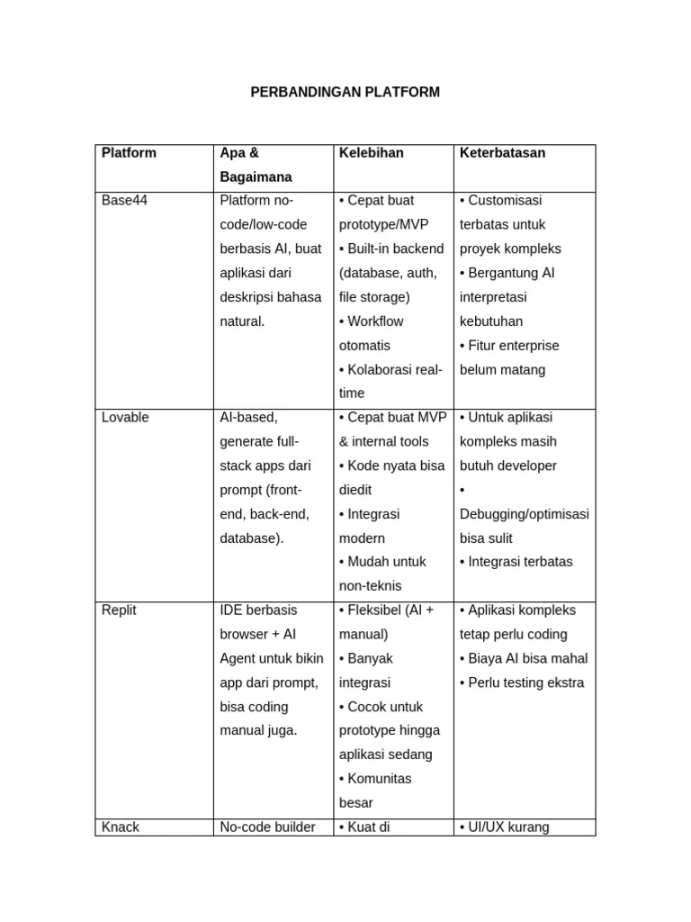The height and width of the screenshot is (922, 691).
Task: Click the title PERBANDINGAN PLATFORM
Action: [345, 92]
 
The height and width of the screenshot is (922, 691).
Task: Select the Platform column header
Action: [129, 153]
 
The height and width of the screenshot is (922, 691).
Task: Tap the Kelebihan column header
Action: [371, 153]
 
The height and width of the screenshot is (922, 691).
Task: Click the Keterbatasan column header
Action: [502, 153]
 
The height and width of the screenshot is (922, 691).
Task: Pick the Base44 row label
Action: [124, 201]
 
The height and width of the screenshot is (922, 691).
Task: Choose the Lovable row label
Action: [125, 418]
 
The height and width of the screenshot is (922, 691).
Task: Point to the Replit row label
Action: [119, 610]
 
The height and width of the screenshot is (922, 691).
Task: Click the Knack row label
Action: [121, 827]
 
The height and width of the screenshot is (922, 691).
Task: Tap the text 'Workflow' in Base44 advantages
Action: [375, 321]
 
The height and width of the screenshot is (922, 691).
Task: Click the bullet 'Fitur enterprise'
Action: [513, 346]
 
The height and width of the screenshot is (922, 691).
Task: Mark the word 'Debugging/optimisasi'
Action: [524, 514]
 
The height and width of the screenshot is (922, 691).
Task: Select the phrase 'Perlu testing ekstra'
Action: [525, 682]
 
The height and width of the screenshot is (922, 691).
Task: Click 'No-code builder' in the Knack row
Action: [267, 827]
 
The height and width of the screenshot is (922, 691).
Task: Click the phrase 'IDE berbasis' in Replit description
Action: [258, 610]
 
